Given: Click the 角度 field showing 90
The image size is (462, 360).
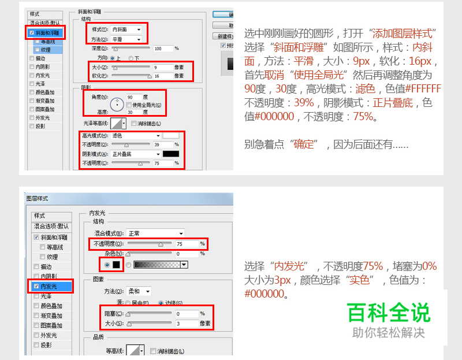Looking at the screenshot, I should coord(133,97).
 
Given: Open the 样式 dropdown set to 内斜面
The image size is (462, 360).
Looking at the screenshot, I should coord(126,29).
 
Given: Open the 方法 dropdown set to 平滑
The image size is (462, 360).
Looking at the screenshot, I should coord(126,39).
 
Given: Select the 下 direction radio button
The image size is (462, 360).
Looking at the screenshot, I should coord(131,58).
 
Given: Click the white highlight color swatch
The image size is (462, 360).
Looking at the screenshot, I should coord(170,135).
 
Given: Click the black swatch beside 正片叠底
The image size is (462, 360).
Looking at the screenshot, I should coord(170,154).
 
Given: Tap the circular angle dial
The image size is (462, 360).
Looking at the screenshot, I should coord(118,105).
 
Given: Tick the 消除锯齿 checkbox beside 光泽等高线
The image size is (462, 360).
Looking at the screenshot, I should coord(134,124).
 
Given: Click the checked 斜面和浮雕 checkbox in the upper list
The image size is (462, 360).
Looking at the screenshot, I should coord(32,34).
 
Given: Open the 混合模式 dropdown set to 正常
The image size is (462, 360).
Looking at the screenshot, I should coord(155,233).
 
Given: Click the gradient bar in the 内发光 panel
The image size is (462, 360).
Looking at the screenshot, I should coord(156,265).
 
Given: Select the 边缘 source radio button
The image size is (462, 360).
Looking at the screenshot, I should coord(161,303).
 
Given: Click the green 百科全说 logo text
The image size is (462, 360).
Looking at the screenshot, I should coord(389,313).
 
